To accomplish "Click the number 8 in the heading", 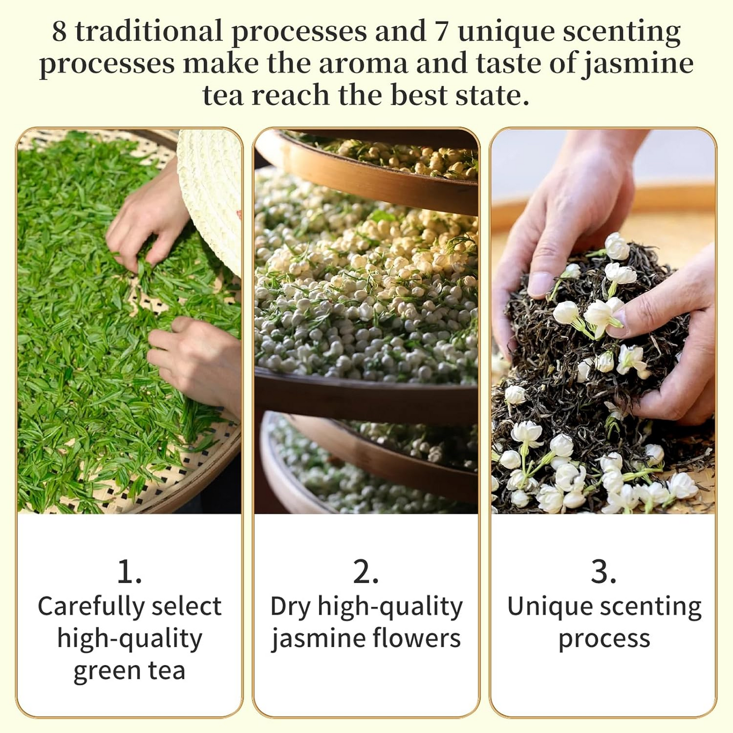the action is (59, 32).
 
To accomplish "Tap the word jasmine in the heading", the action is (637, 65).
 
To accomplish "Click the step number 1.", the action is (130, 572).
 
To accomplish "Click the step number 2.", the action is (366, 572).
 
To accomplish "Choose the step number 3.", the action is (604, 572).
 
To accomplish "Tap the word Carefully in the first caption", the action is (90, 608).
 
